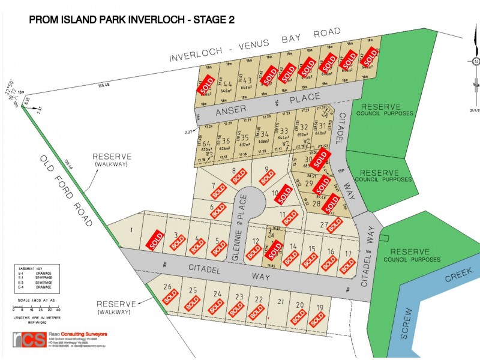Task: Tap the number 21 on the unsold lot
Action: click(x=279, y=301)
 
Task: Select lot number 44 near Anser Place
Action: click(x=227, y=85)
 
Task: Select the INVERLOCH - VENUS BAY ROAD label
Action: click(x=255, y=45)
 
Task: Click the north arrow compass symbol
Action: click(x=475, y=61)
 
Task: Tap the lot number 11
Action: click(x=283, y=214)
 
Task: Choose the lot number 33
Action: click(x=284, y=131)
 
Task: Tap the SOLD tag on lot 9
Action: click(x=268, y=178)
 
